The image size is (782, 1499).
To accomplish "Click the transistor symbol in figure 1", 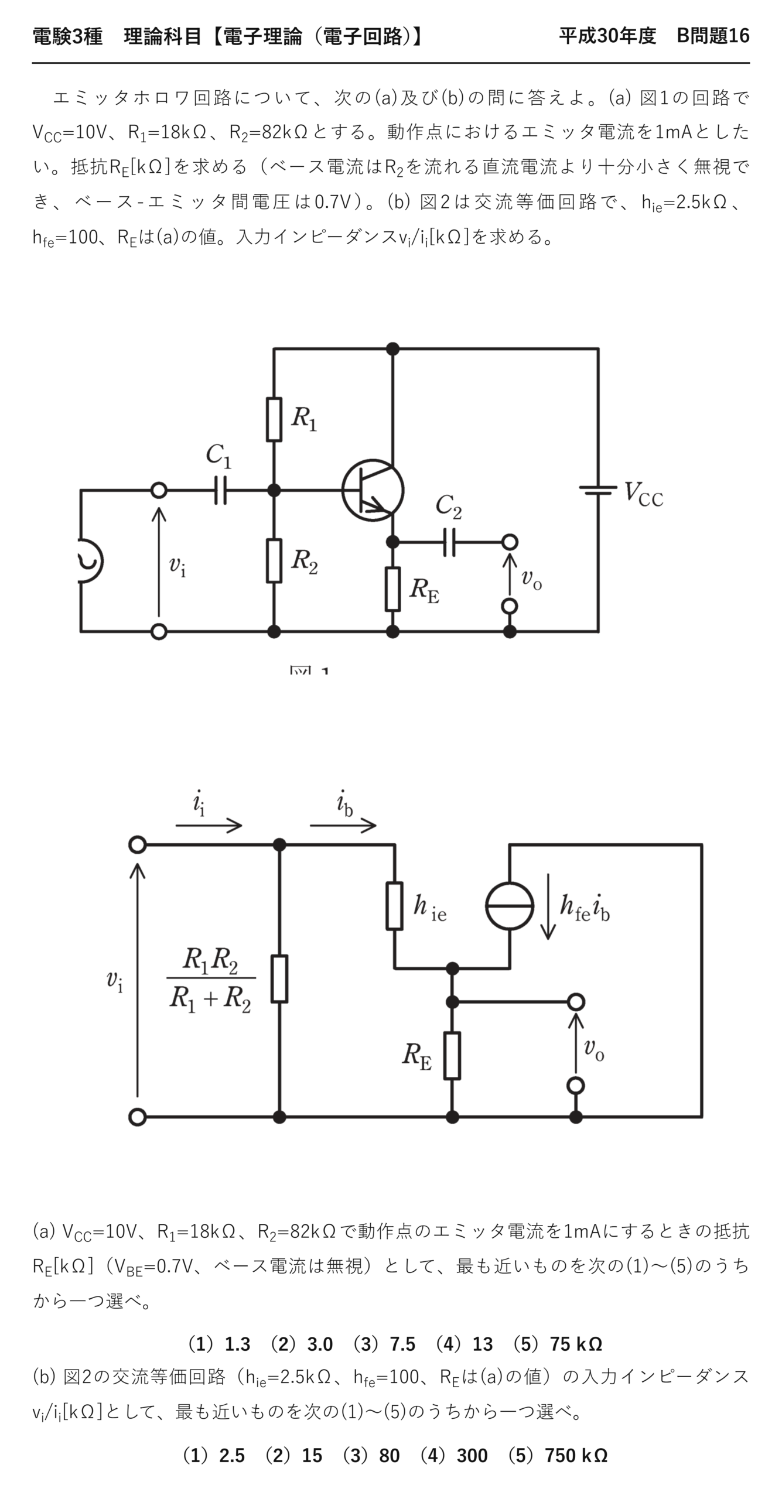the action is click(373, 490).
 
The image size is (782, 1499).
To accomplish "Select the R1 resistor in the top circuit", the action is click(274, 419).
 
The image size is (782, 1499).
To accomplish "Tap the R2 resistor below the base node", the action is click(274, 560).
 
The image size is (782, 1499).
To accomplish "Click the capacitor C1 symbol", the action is click(220, 490).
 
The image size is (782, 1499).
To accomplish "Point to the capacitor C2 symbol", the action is click(449, 542).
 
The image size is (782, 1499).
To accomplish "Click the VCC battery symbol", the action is click(598, 490).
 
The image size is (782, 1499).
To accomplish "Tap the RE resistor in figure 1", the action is click(393, 589).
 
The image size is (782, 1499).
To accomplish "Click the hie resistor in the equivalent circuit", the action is click(395, 906).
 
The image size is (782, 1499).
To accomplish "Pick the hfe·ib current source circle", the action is click(510, 906).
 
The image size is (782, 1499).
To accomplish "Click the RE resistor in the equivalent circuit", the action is click(452, 1055).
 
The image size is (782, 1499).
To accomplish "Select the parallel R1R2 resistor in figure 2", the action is click(279, 978).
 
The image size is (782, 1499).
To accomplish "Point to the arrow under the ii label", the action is click(209, 826).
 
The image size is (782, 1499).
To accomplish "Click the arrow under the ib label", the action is click(343, 826).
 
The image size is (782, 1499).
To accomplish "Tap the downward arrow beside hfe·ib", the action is click(548, 906).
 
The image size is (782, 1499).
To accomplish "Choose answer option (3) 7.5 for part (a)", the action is click(384, 1344).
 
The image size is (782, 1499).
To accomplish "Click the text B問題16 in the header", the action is click(713, 36).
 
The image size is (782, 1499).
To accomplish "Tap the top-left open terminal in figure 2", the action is click(137, 844).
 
